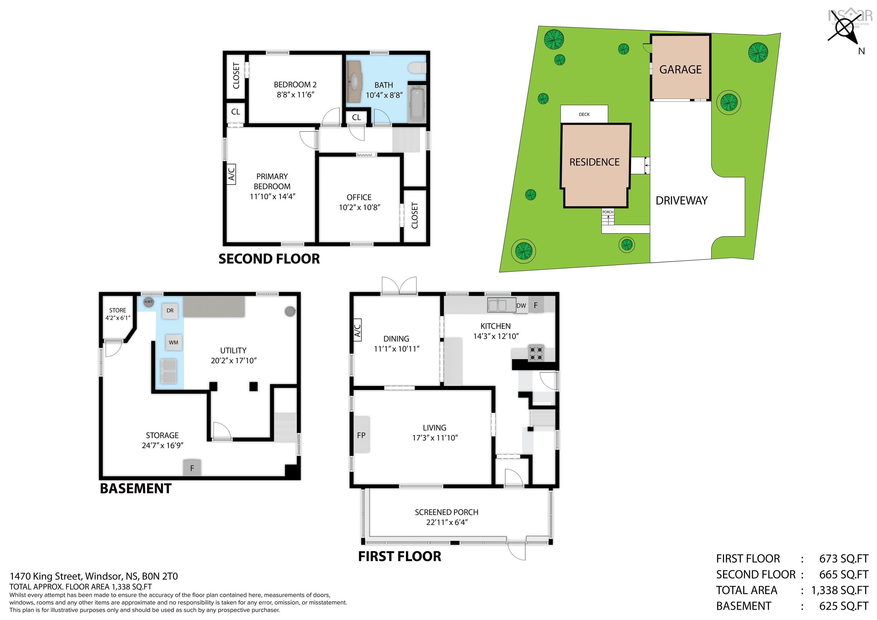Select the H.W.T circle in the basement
click(x=148, y=302)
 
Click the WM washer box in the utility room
click(x=173, y=342)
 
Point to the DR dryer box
click(x=170, y=311)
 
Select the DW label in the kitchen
click(x=521, y=306)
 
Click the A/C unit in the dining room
click(x=357, y=330)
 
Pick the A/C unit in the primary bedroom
click(x=231, y=174)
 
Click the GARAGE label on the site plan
click(x=680, y=70)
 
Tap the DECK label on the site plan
click(x=584, y=114)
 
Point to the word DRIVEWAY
click(x=681, y=201)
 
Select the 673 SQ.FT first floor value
click(x=843, y=559)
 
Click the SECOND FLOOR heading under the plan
click(x=269, y=259)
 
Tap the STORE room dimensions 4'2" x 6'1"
click(x=118, y=318)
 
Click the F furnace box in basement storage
click(x=192, y=468)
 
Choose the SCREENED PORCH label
click(x=446, y=512)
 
